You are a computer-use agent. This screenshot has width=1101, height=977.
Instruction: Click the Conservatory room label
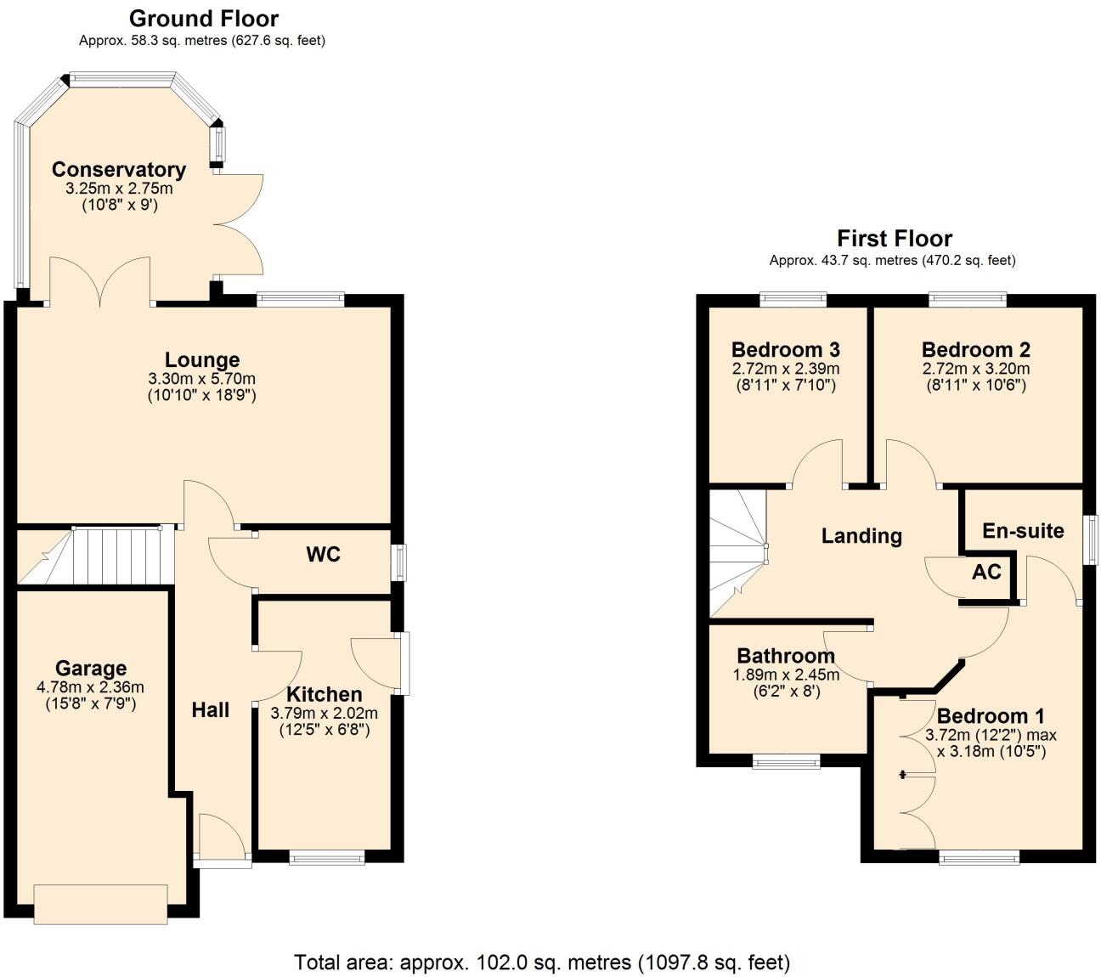pos(118,169)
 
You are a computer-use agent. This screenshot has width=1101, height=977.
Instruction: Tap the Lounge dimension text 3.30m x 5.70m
pos(201,379)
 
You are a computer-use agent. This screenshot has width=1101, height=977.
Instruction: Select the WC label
pos(323,555)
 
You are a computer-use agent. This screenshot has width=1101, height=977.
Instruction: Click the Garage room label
pos(91,669)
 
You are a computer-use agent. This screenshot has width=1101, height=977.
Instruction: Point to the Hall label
pos(210,710)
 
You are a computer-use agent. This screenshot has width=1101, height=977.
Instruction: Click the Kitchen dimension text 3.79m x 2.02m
pos(324,713)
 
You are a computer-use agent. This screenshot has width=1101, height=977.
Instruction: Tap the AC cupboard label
pos(986,572)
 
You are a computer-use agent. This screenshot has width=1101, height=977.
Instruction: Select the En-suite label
pos(1023,531)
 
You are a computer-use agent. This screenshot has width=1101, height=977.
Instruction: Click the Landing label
pos(861,536)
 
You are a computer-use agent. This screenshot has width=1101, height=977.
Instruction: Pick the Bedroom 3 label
pos(786,349)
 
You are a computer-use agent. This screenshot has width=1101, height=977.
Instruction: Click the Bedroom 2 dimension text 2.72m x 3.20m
pos(976,369)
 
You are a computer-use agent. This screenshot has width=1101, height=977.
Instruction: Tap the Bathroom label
pos(786,656)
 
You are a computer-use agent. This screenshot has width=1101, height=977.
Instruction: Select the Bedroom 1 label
pos(991,715)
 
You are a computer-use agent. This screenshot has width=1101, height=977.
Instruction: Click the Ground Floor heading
pos(203,18)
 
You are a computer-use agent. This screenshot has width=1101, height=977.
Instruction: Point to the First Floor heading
pos(895,239)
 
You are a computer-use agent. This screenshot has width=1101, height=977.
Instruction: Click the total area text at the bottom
pos(542,963)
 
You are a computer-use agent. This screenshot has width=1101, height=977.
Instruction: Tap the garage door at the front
pos(100,904)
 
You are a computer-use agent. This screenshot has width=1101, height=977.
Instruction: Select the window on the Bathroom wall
pos(787,762)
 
